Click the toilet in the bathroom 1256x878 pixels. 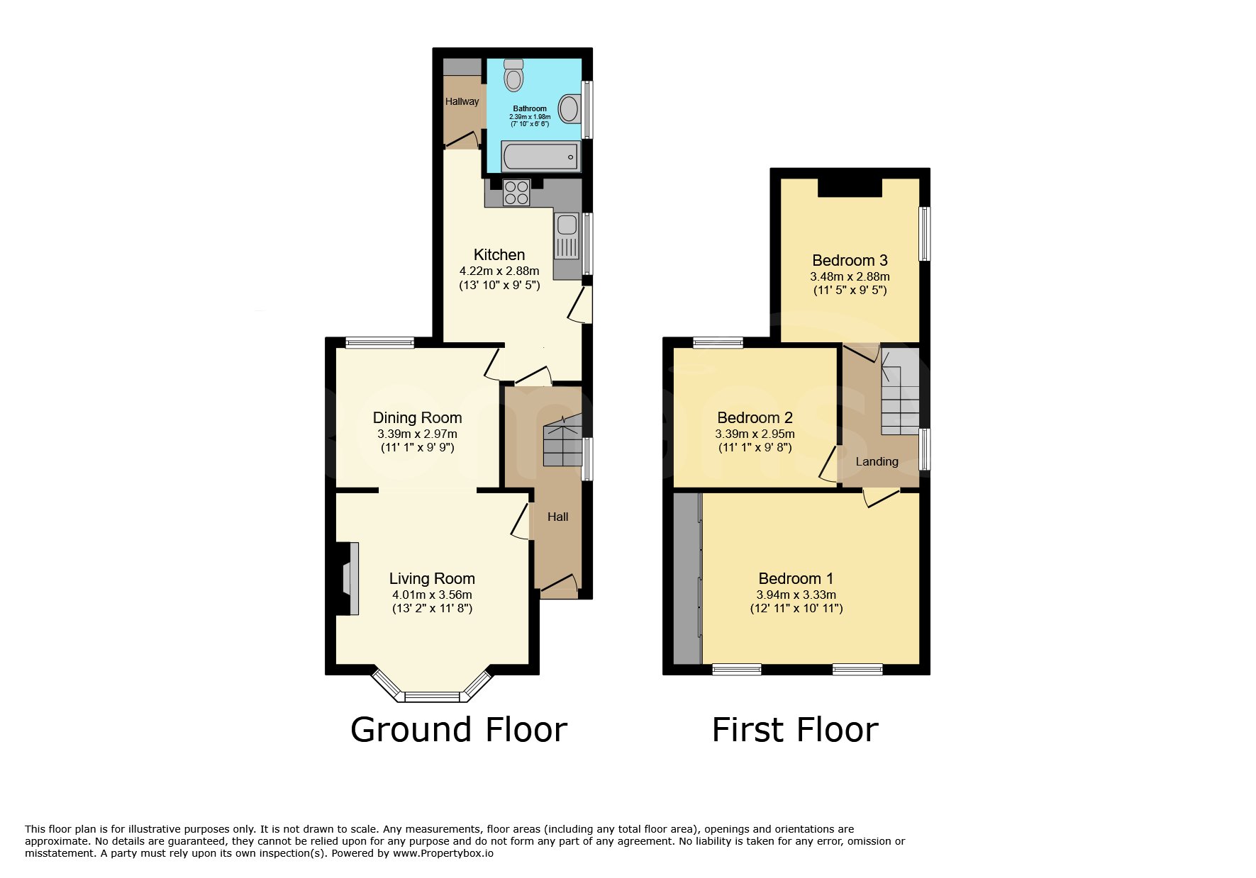513,75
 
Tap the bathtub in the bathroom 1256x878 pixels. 541,156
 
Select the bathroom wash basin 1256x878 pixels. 569,109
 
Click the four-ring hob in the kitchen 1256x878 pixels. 516,193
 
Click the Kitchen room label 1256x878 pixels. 499,255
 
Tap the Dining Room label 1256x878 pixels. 417,418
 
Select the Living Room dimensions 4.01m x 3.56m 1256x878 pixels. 432,595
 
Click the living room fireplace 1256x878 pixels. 350,578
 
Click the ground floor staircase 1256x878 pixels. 562,440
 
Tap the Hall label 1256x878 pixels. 557,517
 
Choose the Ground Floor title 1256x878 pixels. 459,730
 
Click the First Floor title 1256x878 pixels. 795,730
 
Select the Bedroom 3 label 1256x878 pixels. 850,261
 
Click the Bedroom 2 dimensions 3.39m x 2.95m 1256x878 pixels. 755,434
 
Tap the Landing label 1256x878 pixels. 877,462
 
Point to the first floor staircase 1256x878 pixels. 900,390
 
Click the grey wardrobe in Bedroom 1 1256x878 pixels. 687,578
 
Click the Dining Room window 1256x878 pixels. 379,343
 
